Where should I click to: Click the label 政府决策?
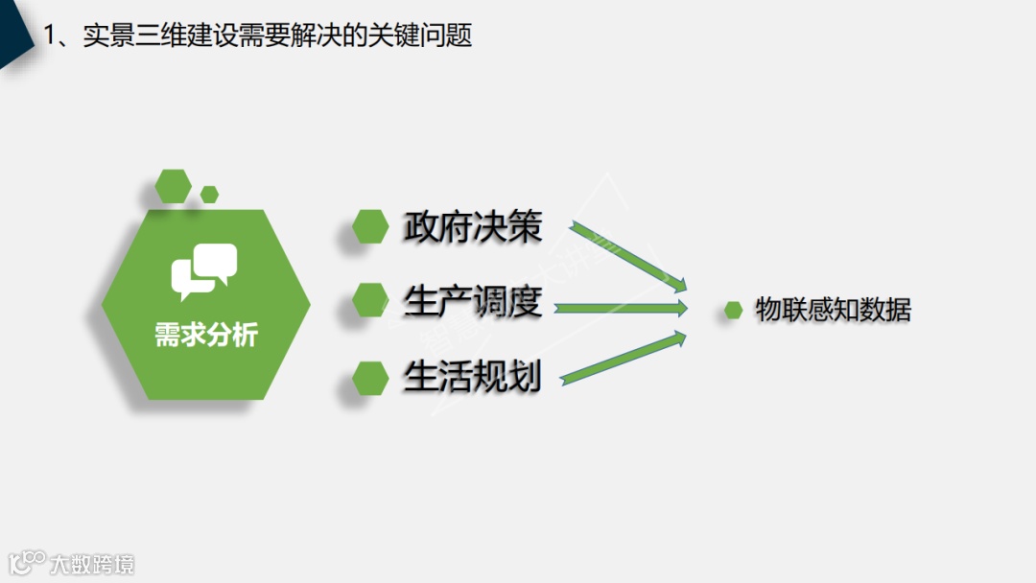click(472, 227)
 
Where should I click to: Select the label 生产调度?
click(472, 302)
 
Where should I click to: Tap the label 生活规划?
click(472, 377)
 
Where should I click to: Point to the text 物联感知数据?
click(833, 310)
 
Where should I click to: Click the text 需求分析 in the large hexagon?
click(206, 336)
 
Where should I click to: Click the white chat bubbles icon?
click(203, 269)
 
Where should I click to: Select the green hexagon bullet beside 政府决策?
click(370, 227)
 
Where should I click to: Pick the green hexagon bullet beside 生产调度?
click(370, 301)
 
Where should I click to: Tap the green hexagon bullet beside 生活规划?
click(370, 378)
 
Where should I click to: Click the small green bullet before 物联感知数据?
click(734, 310)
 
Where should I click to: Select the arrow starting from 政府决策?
click(629, 256)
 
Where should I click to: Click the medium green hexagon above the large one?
click(174, 185)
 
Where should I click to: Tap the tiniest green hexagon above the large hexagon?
click(209, 194)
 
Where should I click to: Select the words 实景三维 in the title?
click(119, 36)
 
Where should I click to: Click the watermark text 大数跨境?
click(93, 563)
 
